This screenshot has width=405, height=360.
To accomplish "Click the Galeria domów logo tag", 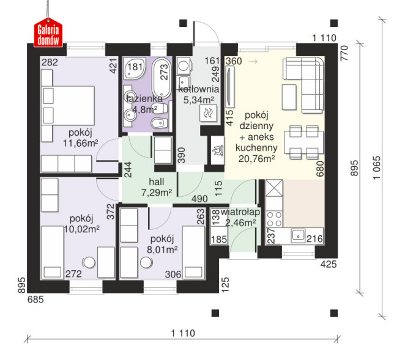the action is (x=48, y=33).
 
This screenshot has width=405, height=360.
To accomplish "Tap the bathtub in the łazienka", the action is (x=162, y=78).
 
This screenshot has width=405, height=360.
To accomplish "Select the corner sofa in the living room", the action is (x=303, y=85).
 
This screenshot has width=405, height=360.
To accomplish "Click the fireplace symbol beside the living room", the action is (x=217, y=150).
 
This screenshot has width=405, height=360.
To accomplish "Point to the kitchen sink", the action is (x=298, y=235).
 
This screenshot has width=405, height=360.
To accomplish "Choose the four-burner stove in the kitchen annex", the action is (x=274, y=219).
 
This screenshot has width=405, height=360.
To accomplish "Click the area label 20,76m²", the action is (x=256, y=159).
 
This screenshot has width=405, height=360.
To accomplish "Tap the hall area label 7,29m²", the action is (x=157, y=193).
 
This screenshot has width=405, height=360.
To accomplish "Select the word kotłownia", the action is (x=199, y=89).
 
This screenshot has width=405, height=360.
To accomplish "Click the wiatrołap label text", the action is (x=240, y=212).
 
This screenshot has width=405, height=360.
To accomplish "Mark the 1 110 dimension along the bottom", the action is (x=183, y=333).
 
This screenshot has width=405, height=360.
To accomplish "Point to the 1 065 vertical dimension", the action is (x=377, y=167).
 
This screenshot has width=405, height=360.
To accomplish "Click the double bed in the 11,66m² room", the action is (x=68, y=106).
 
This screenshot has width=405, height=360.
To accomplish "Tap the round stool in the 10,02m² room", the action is (x=89, y=262).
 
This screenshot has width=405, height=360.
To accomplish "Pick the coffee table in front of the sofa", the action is (x=289, y=97).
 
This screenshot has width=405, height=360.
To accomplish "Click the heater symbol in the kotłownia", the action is (x=208, y=113).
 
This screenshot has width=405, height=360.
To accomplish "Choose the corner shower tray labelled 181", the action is (x=135, y=68).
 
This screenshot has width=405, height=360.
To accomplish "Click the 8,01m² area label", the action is (x=162, y=249).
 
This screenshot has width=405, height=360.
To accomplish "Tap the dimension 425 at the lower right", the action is (x=329, y=264).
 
